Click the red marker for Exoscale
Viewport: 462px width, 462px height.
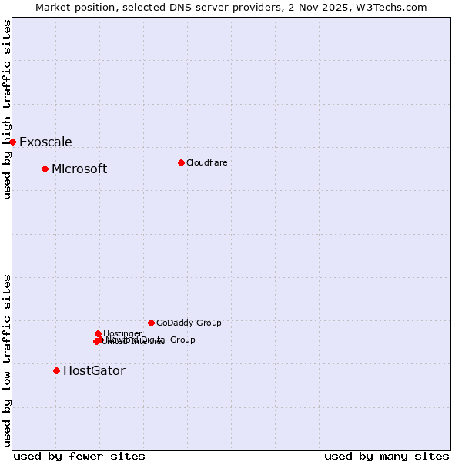[12, 142]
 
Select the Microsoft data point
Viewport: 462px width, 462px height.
[45, 169]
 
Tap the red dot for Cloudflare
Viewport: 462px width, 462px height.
[181, 162]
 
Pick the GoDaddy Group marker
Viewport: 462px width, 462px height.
[151, 323]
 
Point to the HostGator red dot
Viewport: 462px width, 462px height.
[56, 370]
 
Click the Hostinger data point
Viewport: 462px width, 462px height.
[98, 333]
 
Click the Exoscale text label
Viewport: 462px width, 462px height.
[45, 142]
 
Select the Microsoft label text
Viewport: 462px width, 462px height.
[79, 169]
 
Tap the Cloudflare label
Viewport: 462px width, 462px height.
[206, 162]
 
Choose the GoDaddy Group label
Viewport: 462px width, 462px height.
[189, 323]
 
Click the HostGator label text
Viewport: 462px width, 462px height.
[94, 371]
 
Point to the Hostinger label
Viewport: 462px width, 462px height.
[122, 333]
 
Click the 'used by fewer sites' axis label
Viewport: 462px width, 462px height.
[79, 456]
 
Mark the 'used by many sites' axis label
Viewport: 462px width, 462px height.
[387, 456]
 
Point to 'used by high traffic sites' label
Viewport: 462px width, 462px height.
[8, 109]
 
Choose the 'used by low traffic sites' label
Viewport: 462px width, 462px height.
[8, 360]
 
